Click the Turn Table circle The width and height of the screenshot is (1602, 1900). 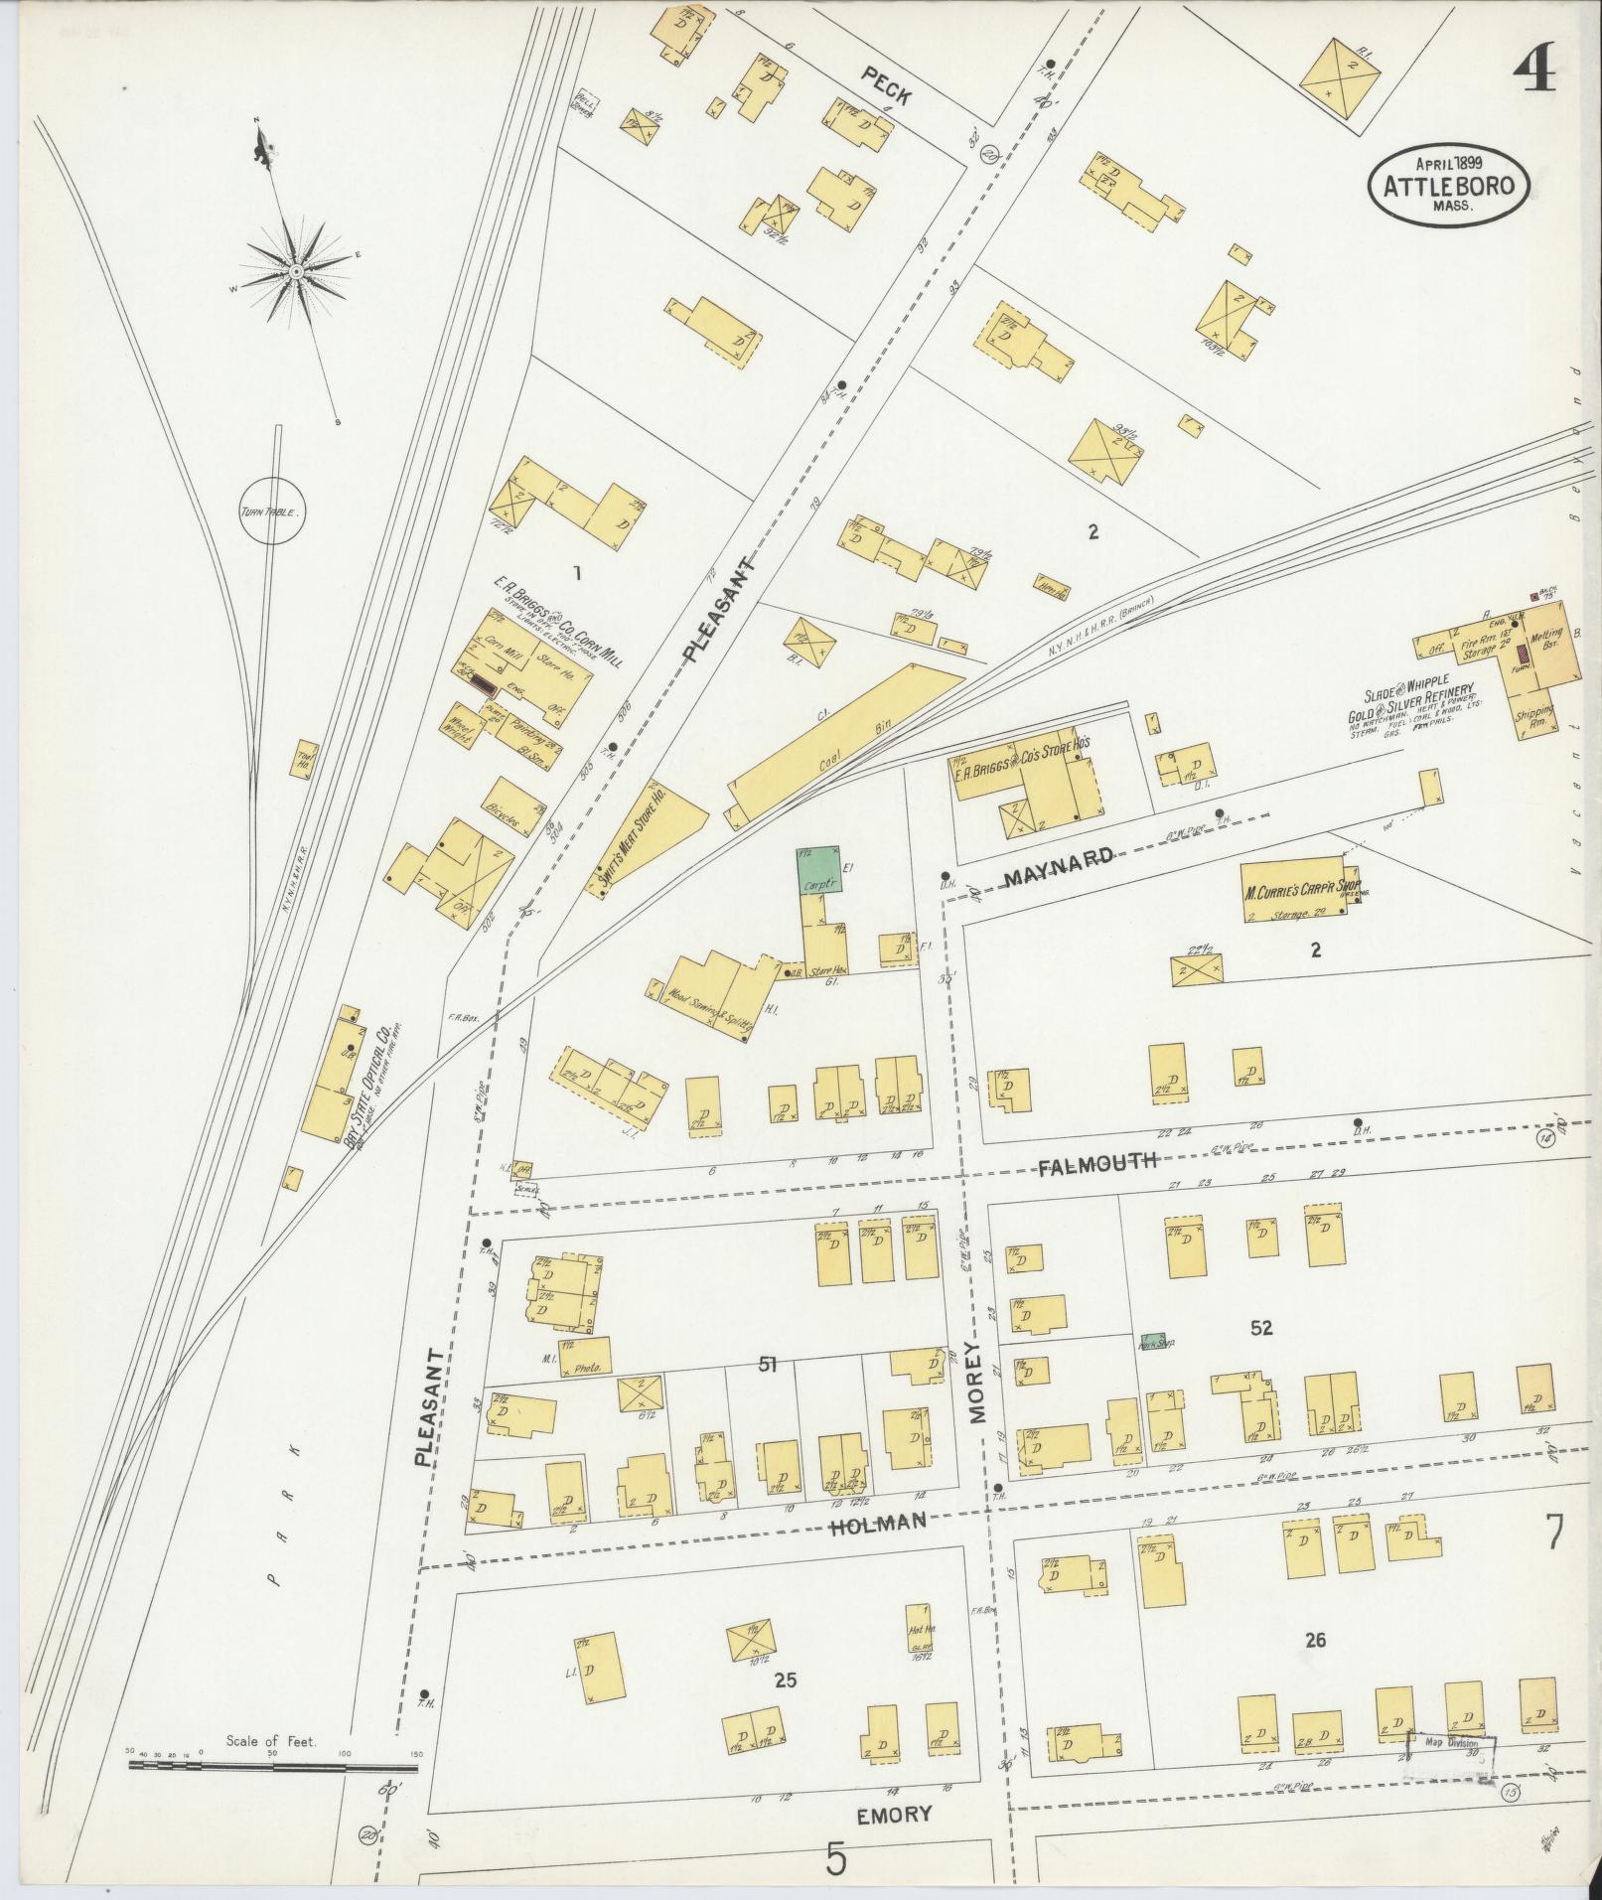[x=270, y=513]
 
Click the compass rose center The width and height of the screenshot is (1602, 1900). [x=296, y=271]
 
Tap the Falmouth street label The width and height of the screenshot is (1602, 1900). [x=1097, y=1161]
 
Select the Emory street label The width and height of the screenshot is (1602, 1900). [x=894, y=1815]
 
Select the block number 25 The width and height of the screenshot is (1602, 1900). [x=785, y=1681]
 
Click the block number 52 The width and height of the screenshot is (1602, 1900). [x=1261, y=1327]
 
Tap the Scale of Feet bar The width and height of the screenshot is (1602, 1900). [x=273, y=1766]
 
